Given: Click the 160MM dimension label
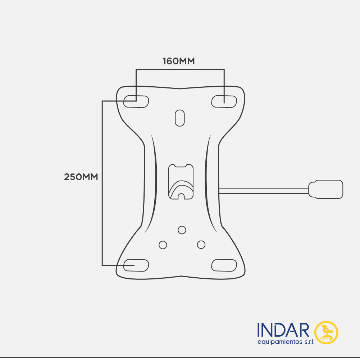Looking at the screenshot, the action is (178, 61).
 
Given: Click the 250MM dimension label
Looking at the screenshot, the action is (81, 177).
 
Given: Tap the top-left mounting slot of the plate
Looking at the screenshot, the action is (136, 101).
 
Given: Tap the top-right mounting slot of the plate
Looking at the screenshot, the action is (224, 101).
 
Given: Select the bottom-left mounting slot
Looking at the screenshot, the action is (136, 265).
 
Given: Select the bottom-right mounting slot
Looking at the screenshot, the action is (224, 265).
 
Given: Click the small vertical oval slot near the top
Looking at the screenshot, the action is (180, 118).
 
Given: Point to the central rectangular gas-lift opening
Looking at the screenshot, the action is (181, 182).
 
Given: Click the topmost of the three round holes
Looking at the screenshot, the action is (182, 230).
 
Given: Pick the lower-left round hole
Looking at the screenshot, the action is (163, 245).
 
